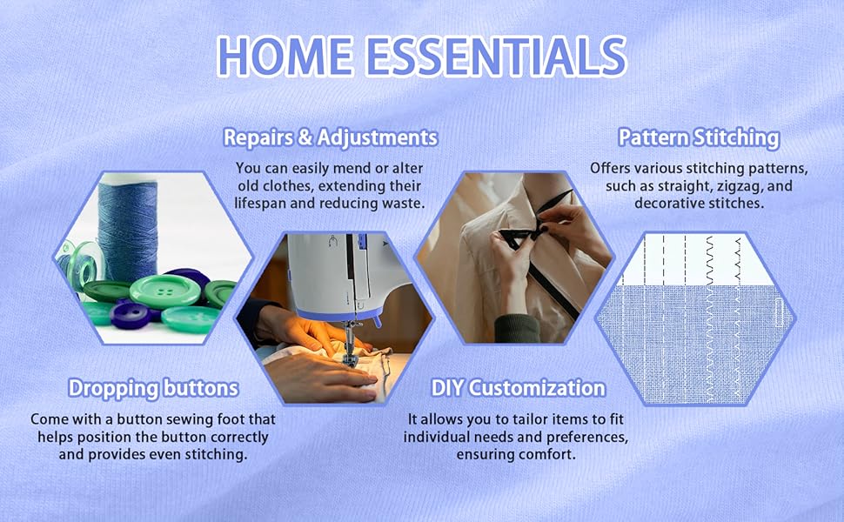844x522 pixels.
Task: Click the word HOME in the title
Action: pos(285,57)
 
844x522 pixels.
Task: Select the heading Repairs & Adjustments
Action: pos(331,137)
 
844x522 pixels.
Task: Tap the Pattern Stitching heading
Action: pos(699,137)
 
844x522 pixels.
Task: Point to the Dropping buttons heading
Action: pos(153,388)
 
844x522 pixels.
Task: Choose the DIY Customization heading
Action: pos(519,388)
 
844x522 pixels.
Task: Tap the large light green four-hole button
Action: pos(165,291)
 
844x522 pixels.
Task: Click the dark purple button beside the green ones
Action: pos(131,315)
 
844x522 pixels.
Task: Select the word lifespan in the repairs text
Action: pos(260,204)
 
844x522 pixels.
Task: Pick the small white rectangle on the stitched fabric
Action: pos(779,312)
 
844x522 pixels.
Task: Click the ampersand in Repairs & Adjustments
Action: pos(305,137)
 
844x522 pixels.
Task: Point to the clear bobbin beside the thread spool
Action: pos(81,264)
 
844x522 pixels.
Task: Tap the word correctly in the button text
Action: pos(239,437)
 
